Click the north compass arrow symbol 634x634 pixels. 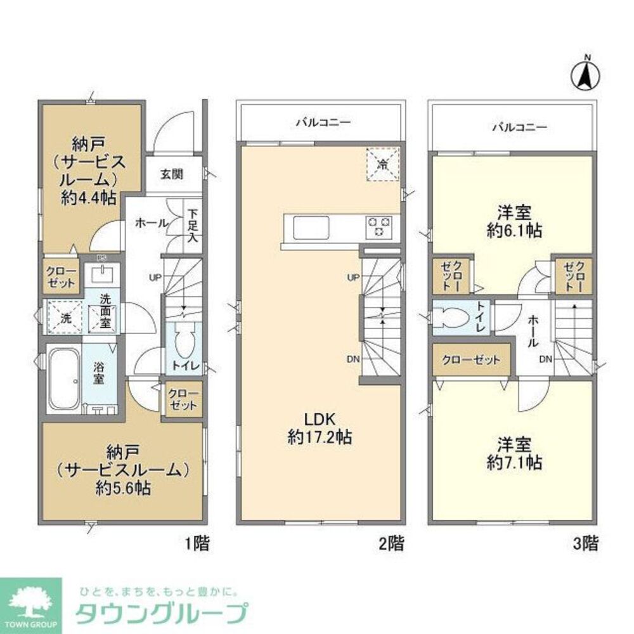click(587, 74)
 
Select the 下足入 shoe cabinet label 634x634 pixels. click(193, 227)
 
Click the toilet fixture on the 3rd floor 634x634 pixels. click(451, 316)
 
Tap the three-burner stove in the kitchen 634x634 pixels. click(379, 226)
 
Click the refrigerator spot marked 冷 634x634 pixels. click(382, 164)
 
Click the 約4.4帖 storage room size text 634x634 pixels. click(89, 197)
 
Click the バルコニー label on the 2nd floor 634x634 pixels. click(322, 123)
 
